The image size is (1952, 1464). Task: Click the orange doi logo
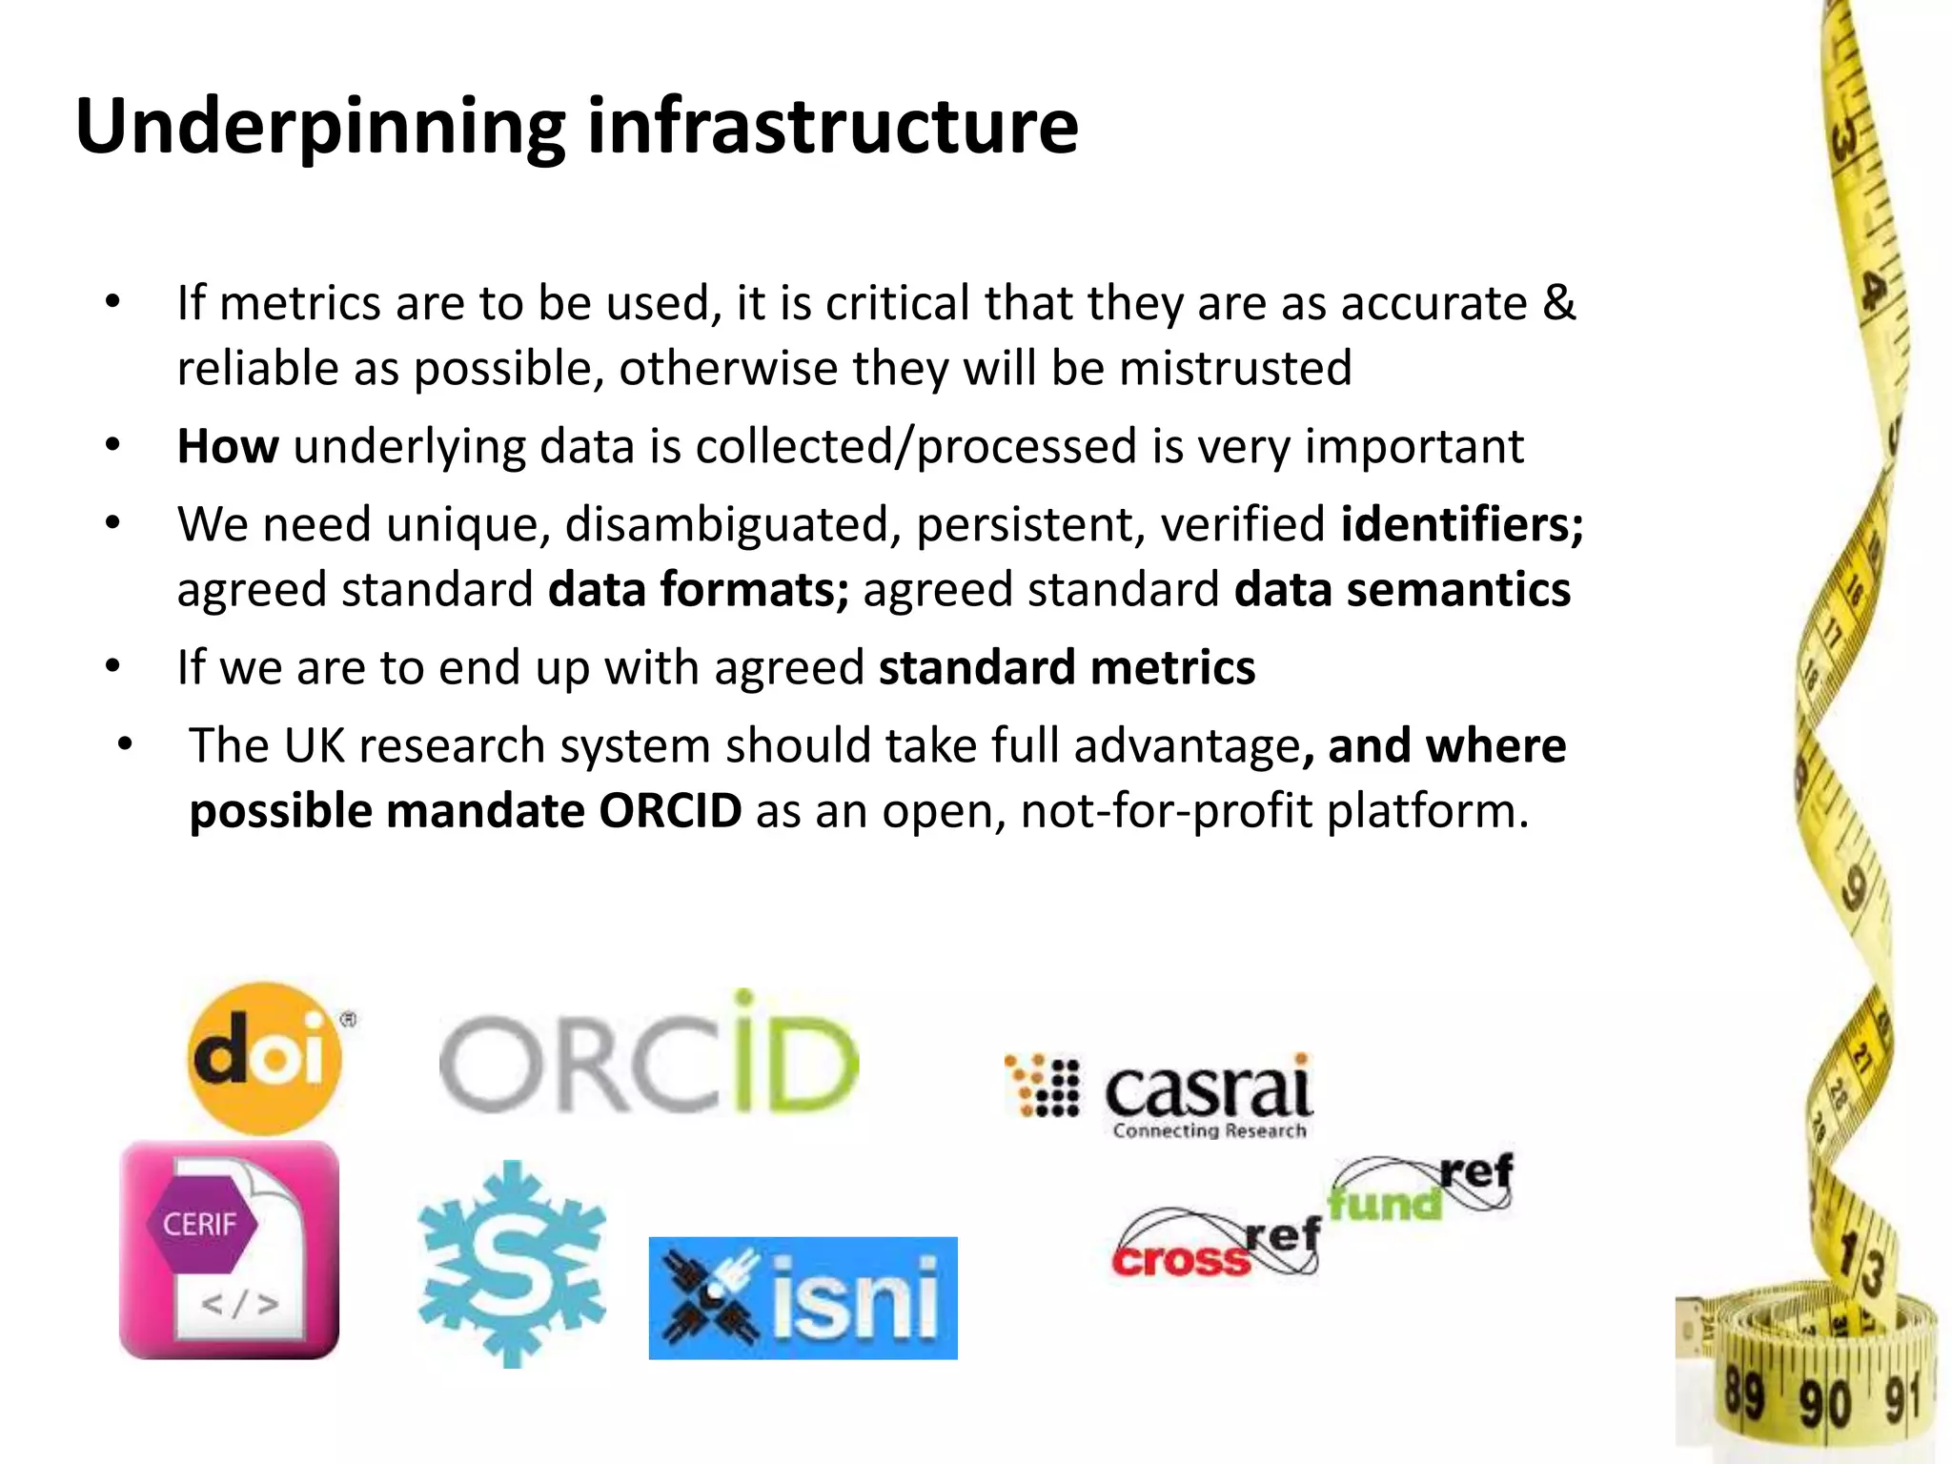pyautogui.click(x=264, y=1058)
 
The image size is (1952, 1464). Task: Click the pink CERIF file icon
pyautogui.click(x=229, y=1250)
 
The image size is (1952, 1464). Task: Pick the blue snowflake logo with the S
pyautogui.click(x=512, y=1263)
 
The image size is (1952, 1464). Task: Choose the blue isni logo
pyautogui.click(x=803, y=1297)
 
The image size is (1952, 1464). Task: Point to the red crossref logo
pyautogui.click(x=1216, y=1244)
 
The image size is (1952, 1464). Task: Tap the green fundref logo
pyautogui.click(x=1420, y=1188)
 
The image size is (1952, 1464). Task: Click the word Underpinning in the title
pyautogui.click(x=319, y=127)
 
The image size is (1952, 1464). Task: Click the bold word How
pyautogui.click(x=228, y=446)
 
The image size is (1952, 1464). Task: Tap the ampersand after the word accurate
pyautogui.click(x=1558, y=303)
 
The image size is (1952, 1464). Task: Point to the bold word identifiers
pyautogui.click(x=1461, y=523)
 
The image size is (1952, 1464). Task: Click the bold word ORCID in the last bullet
pyautogui.click(x=670, y=811)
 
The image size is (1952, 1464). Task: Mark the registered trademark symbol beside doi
pyautogui.click(x=349, y=1020)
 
